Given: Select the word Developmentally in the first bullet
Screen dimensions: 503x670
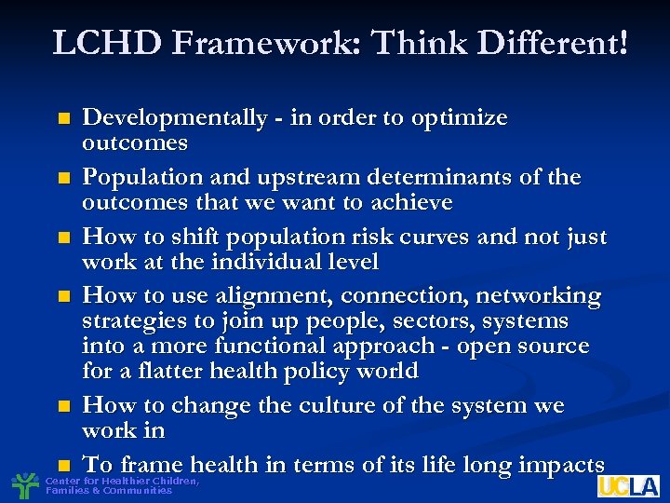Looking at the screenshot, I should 174,118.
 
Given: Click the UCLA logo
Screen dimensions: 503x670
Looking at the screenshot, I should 628,485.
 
